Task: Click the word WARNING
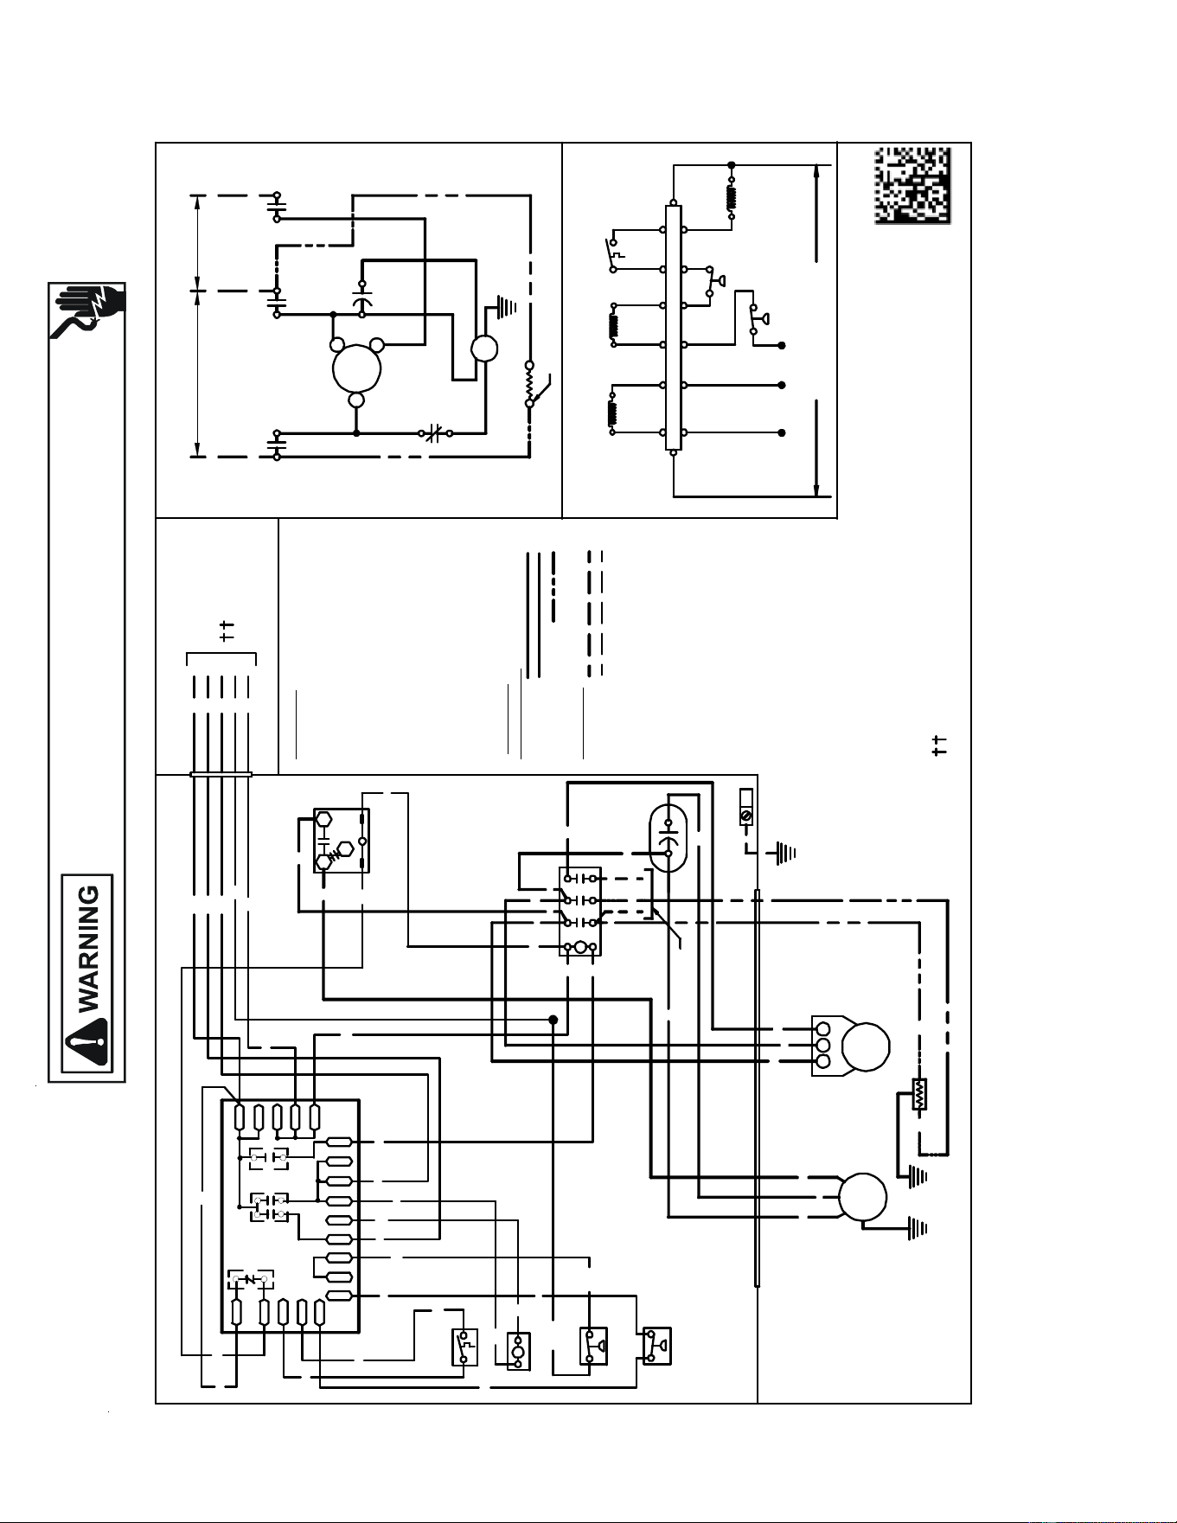click(x=89, y=949)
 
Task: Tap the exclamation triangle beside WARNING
click(x=88, y=1044)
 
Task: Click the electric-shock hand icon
click(x=87, y=310)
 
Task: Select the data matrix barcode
click(x=912, y=186)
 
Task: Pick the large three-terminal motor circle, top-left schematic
click(x=356, y=368)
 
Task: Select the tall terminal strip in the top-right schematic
click(x=674, y=328)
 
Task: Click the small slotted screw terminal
click(x=746, y=816)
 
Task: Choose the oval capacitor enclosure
click(x=668, y=838)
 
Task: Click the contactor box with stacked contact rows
click(x=580, y=912)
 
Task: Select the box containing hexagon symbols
click(x=342, y=841)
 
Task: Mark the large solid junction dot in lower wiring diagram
click(x=553, y=1020)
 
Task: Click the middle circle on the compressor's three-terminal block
click(x=823, y=1045)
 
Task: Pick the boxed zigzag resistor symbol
click(x=918, y=1095)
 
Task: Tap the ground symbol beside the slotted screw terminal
click(x=784, y=854)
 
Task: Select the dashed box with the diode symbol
click(x=251, y=1279)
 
